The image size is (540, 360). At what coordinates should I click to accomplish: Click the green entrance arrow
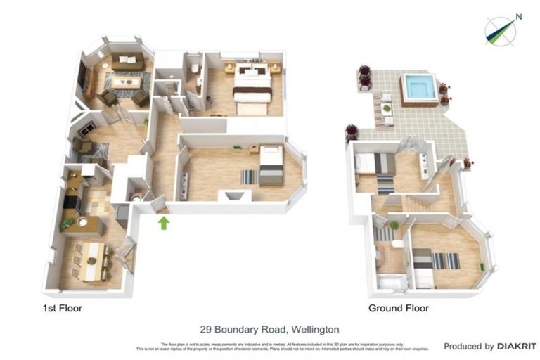[163, 223]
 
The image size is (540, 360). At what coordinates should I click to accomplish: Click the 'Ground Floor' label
[398, 308]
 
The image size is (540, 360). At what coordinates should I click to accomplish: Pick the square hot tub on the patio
[420, 89]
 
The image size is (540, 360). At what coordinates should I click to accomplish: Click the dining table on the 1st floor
[91, 261]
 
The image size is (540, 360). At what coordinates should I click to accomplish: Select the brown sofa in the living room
[127, 63]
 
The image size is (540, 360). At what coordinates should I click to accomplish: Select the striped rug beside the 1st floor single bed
[250, 177]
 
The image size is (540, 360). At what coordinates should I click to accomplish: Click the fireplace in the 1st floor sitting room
[87, 129]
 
